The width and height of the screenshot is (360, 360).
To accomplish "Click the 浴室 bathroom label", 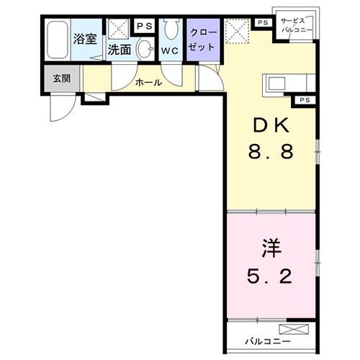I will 85,39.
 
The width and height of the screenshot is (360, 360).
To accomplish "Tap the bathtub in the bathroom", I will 57,41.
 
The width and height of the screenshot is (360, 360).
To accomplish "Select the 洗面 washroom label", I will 119,50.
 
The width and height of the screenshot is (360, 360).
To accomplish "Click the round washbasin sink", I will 145,50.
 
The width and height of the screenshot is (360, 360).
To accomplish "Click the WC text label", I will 171,52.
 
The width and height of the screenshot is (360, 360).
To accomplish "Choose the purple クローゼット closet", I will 202,40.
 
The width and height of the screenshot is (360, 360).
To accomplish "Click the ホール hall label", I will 148,83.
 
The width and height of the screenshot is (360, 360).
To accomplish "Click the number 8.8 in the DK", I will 271,153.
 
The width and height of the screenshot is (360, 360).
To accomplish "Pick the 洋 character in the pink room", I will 271,248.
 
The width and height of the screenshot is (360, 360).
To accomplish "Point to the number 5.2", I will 271,276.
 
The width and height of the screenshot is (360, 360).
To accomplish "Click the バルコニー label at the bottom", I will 266,339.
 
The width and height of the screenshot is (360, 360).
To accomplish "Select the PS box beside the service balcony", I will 261,22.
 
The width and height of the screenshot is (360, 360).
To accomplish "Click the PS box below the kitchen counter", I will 304,99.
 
